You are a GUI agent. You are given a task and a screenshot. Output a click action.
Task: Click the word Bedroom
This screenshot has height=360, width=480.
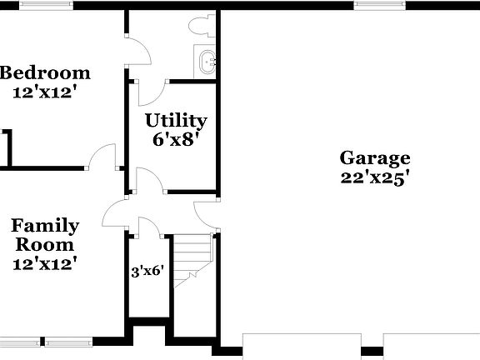[44, 72]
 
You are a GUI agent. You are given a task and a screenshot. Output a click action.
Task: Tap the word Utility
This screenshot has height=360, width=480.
[175, 121]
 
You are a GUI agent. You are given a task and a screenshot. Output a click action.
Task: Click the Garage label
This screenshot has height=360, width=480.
[374, 157]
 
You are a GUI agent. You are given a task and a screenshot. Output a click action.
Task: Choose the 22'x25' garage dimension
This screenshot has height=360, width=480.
[374, 177]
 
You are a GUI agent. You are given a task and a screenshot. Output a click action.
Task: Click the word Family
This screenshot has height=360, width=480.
[45, 226]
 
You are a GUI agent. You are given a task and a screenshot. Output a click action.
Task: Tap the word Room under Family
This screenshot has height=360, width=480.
[44, 245]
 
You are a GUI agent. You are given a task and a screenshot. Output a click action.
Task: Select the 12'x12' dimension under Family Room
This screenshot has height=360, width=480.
[45, 264]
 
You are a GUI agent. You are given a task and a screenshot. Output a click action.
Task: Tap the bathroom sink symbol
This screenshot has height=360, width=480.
[207, 62]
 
